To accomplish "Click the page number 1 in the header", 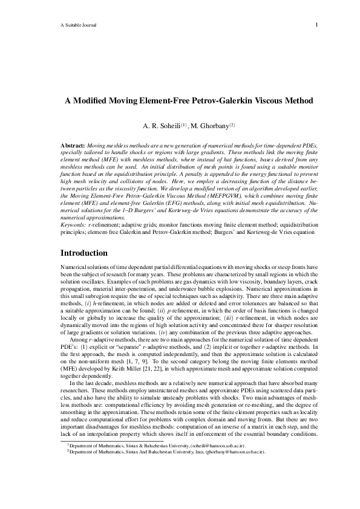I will (x=316, y=25).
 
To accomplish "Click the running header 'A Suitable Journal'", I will (x=79, y=25).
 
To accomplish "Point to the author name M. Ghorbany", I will (x=208, y=127).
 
